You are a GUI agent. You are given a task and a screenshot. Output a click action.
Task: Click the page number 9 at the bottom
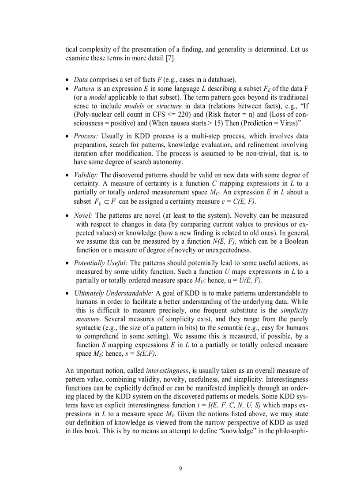pos(180,469)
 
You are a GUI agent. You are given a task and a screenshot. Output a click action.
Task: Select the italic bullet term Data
pos(80,80)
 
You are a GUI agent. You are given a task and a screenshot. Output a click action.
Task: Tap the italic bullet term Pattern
pos(83,88)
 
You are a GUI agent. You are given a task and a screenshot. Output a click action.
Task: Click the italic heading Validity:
pos(86,175)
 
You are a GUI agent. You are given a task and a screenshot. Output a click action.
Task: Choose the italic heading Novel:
pos(83,216)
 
